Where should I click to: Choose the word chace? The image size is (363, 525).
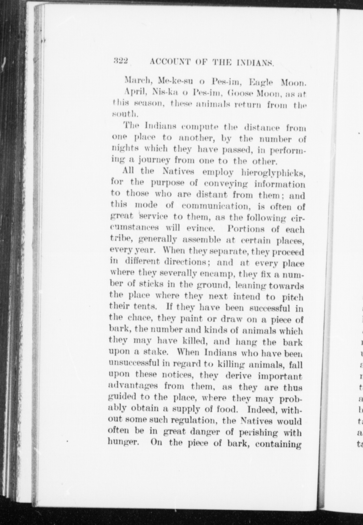140,318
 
